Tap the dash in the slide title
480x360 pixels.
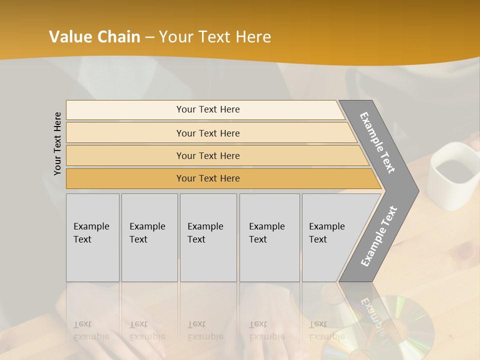click(x=149, y=37)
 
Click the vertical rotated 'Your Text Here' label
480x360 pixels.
click(x=57, y=143)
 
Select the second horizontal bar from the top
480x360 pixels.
click(x=207, y=133)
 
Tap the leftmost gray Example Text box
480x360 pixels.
click(x=92, y=237)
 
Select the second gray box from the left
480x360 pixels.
click(x=149, y=237)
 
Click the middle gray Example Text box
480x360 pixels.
click(x=208, y=237)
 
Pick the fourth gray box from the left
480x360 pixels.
click(x=269, y=237)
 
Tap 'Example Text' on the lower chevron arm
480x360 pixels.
click(x=379, y=236)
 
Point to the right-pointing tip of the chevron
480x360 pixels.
click(x=416, y=190)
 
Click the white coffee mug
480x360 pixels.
click(x=452, y=177)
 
